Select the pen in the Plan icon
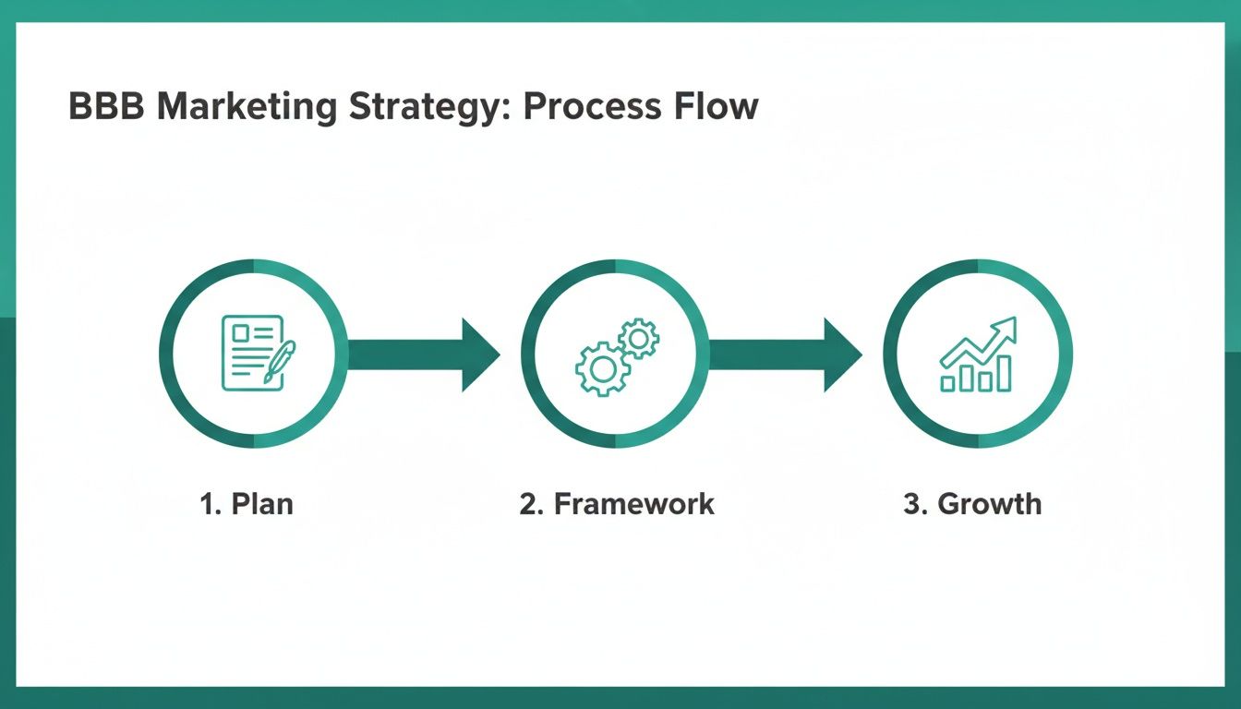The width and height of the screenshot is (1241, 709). tap(279, 361)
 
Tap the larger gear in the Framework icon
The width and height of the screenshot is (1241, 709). tap(602, 368)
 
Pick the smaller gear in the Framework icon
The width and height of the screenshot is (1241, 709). tap(638, 339)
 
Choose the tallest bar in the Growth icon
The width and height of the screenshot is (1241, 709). tap(1004, 372)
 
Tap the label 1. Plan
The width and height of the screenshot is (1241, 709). tap(247, 504)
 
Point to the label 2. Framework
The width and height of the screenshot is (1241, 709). tap(616, 504)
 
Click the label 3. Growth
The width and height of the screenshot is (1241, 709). tap(972, 504)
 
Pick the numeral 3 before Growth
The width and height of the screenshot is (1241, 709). tap(912, 504)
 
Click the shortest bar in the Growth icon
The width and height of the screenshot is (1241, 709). tap(948, 382)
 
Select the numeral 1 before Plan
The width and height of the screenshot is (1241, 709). tap(207, 504)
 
